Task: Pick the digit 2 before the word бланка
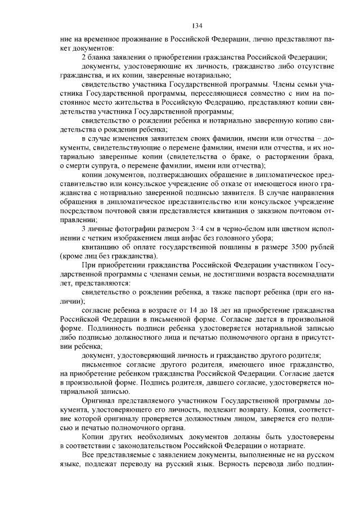pos(84,58)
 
